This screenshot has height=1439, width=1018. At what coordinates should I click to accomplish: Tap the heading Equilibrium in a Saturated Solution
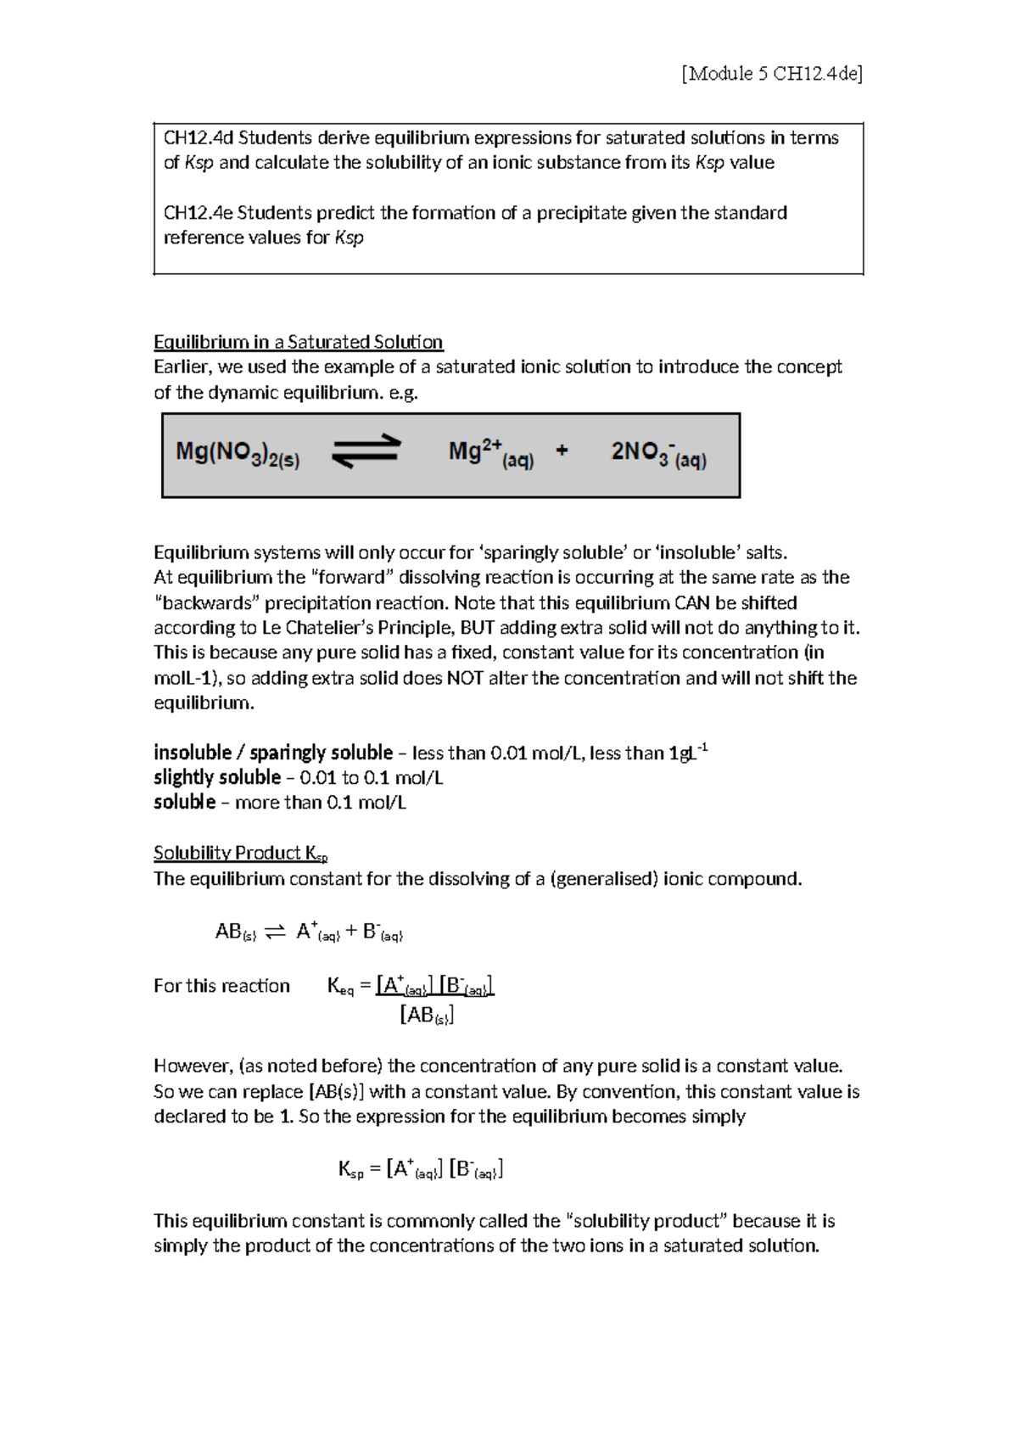(298, 342)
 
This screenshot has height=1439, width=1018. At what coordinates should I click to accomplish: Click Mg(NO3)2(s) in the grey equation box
(238, 456)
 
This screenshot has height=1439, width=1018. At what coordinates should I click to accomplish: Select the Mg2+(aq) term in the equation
(490, 455)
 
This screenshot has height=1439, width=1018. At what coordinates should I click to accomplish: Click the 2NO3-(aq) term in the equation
(658, 455)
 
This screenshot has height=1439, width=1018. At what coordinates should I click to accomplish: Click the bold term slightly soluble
(217, 777)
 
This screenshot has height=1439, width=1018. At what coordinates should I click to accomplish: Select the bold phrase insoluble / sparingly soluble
(273, 753)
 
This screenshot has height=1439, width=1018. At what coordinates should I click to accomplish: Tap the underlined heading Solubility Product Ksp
(240, 853)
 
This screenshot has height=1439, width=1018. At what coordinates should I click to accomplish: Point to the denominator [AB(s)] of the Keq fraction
(426, 1015)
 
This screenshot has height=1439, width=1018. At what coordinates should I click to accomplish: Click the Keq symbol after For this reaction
(339, 987)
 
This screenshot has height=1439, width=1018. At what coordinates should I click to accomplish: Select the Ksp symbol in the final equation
(350, 1171)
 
